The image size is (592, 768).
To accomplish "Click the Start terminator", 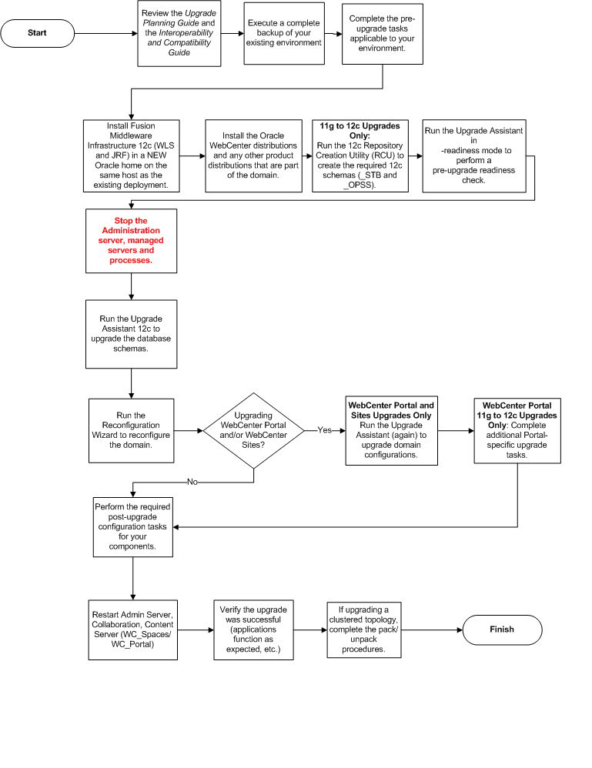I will click(x=37, y=33).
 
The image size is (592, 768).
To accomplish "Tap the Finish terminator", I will click(x=501, y=629).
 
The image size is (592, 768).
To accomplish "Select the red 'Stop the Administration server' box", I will click(x=131, y=240).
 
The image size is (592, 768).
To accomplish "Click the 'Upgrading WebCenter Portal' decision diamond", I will click(x=254, y=431).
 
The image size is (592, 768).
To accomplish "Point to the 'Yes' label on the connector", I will click(x=325, y=431).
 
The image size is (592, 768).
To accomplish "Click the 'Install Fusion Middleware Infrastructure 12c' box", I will click(x=131, y=155).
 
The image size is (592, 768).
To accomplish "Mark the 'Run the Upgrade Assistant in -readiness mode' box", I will click(x=473, y=155).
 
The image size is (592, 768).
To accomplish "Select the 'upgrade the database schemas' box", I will click(x=131, y=334).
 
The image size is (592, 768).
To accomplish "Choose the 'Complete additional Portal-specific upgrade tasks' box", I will click(x=517, y=429).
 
